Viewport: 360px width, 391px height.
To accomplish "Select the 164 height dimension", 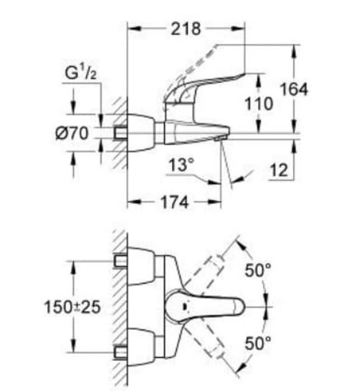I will click(x=293, y=89).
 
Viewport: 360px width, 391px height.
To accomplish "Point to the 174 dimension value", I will click(x=174, y=202).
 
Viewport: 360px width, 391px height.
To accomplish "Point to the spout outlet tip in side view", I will click(x=219, y=137).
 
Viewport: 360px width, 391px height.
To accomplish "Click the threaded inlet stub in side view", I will click(x=119, y=133).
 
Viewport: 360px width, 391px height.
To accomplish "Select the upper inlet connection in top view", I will click(x=119, y=261).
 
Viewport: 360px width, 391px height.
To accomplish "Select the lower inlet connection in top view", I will click(x=119, y=352).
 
